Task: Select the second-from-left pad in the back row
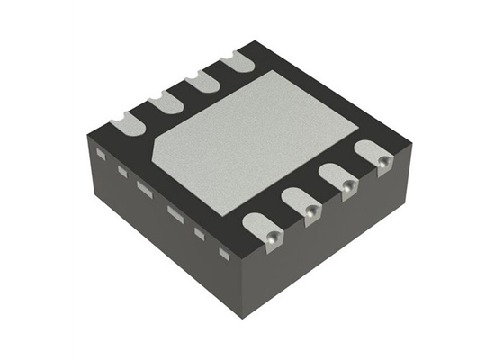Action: (x=164, y=101)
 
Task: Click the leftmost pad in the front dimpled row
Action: (x=266, y=229)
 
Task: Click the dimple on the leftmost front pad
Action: (x=271, y=236)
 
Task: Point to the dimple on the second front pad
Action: (x=310, y=211)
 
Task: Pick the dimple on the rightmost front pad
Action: (x=382, y=162)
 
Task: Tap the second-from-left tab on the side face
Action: (x=121, y=170)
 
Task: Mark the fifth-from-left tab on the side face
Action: (x=201, y=233)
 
